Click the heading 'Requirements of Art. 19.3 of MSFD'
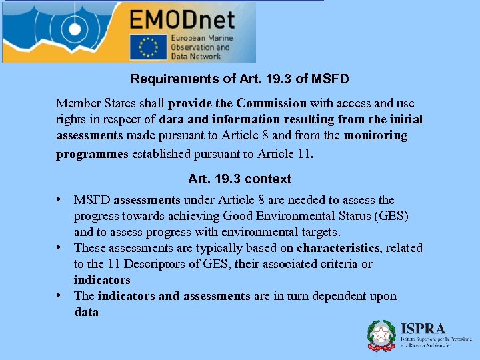(239, 79)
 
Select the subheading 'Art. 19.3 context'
(239, 179)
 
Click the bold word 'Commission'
(271, 103)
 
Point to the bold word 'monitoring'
(375, 135)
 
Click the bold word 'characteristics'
(338, 248)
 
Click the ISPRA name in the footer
(423, 329)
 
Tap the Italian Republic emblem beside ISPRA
(381, 335)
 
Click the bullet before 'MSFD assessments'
(60, 199)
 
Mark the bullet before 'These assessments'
(60, 247)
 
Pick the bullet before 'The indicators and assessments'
(60, 295)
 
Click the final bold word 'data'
(86, 312)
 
